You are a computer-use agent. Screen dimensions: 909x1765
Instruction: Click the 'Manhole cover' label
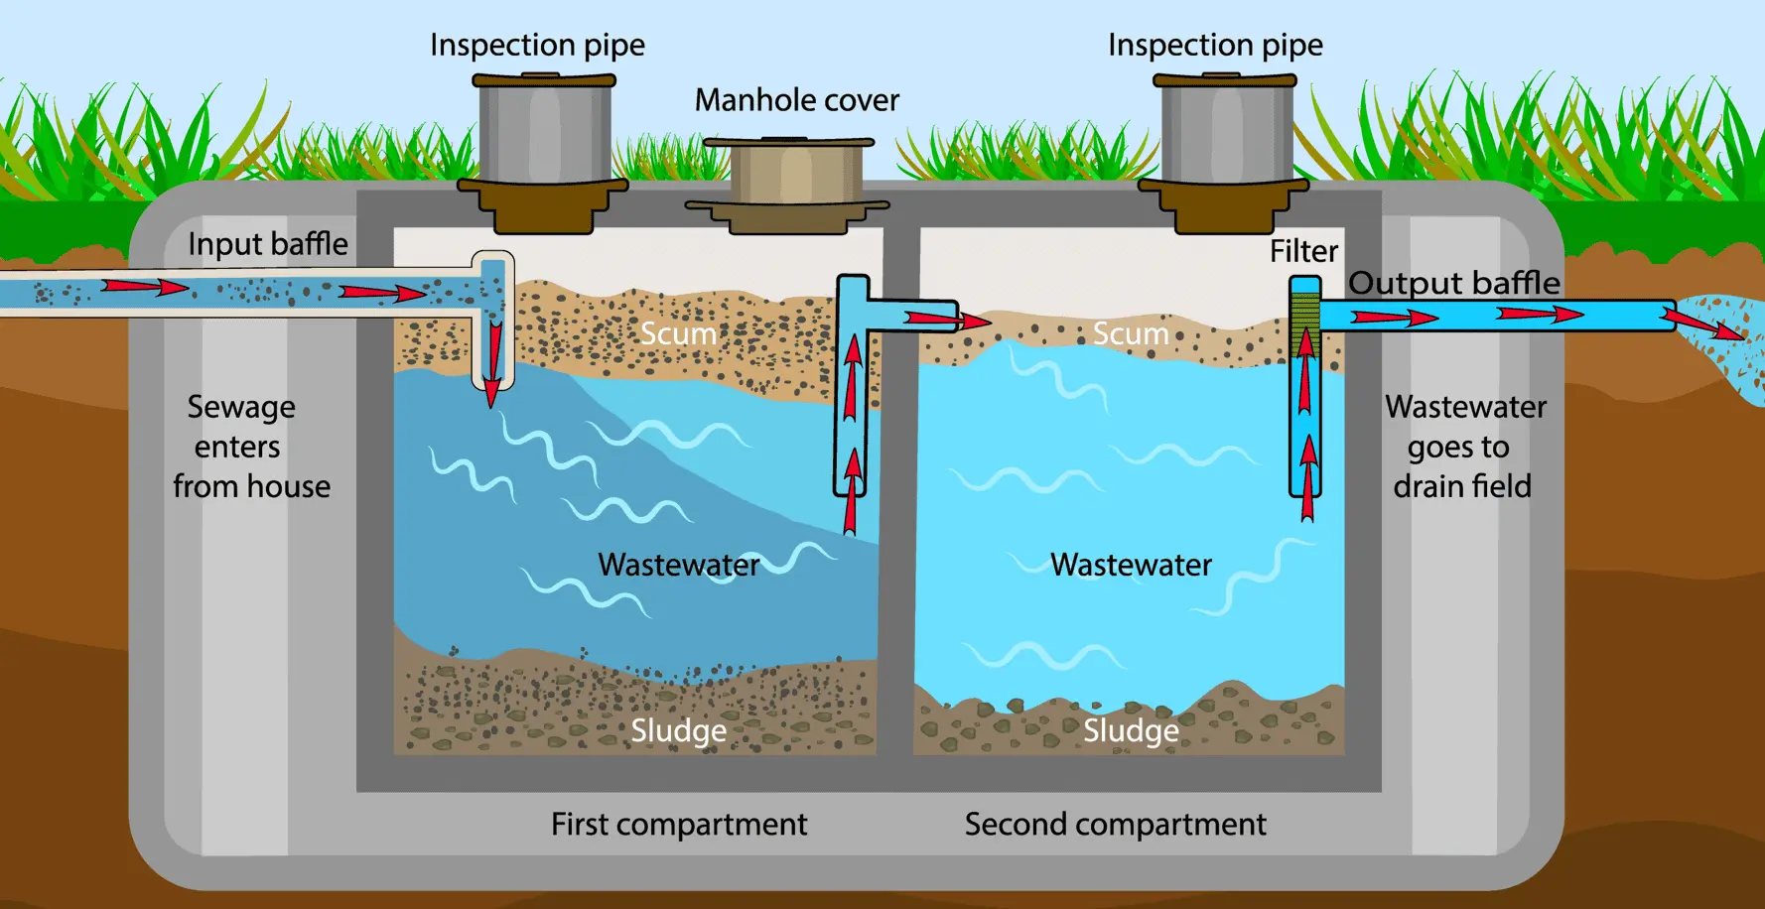point(796,100)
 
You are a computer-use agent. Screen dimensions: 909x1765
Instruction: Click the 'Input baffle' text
point(268,244)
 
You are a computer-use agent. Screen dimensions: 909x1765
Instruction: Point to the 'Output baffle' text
point(1454,283)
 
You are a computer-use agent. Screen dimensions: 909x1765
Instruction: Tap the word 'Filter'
point(1303,251)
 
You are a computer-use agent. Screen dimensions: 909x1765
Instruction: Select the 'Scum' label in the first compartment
point(678,333)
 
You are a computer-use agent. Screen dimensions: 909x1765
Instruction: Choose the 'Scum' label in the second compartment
point(1131,333)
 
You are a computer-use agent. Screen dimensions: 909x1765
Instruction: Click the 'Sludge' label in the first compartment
point(679,730)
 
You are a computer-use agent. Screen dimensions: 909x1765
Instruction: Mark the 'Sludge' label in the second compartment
point(1131,730)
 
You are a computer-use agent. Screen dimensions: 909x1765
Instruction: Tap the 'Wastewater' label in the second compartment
point(1131,565)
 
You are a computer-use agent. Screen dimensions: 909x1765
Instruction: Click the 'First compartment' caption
point(679,824)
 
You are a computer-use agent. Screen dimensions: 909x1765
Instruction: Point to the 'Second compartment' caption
point(1115,824)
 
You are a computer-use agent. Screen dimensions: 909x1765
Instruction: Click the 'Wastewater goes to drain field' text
point(1463,447)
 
